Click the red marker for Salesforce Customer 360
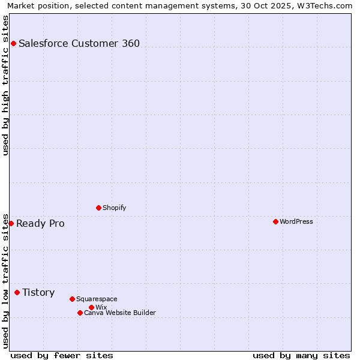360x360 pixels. click(x=13, y=43)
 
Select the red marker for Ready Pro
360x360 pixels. click(x=11, y=223)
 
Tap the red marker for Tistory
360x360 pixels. click(x=17, y=292)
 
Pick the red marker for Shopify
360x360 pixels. click(x=98, y=208)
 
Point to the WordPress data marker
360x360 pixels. click(x=275, y=221)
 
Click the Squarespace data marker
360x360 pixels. click(x=72, y=299)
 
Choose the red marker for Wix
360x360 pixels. click(x=91, y=307)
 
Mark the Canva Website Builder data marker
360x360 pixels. click(x=80, y=313)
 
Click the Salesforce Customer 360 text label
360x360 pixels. click(x=79, y=43)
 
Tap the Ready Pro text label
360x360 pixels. click(x=40, y=224)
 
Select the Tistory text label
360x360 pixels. click(x=38, y=293)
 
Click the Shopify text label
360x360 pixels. click(x=114, y=208)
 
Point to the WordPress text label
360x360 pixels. click(x=296, y=221)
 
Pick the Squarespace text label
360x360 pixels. click(x=97, y=299)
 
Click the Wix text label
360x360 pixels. click(x=101, y=307)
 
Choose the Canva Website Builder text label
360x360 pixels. click(x=119, y=313)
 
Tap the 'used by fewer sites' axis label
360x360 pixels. click(x=62, y=355)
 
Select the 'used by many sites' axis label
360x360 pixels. click(x=301, y=355)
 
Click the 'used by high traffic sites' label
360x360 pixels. click(x=5, y=85)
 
